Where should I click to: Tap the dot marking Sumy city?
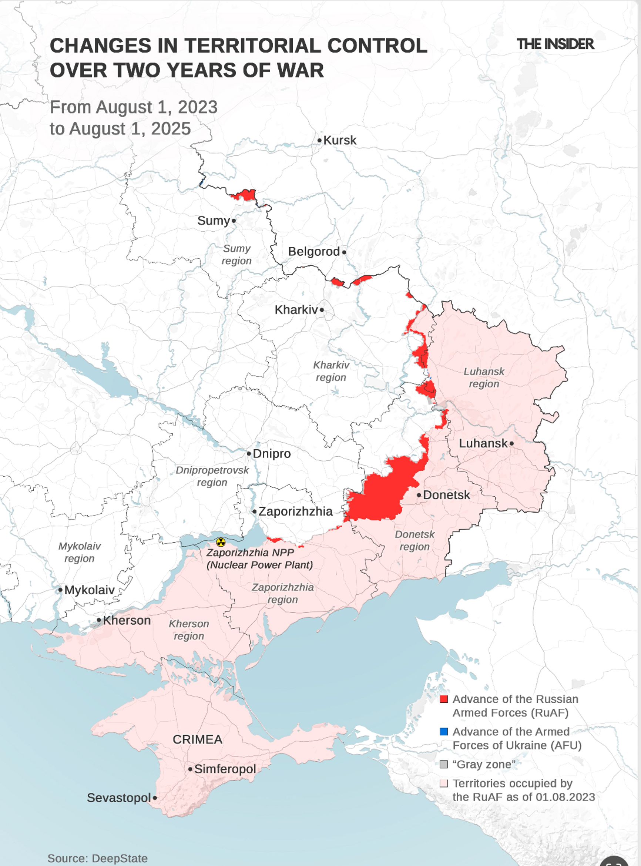pos(234,221)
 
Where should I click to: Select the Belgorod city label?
pos(313,251)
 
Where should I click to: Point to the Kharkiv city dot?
pos(322,310)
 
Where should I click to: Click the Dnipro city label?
pos(272,454)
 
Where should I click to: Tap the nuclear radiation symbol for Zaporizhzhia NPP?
pos(221,542)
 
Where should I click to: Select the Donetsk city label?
pos(446,495)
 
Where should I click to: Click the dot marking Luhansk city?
pos(511,443)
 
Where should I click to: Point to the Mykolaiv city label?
pos(89,590)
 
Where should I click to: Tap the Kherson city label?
pos(127,620)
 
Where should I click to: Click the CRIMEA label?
pos(198,739)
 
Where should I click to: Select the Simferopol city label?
pos(225,769)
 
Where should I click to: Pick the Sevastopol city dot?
pos(155,798)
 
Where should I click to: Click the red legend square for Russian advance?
pos(444,699)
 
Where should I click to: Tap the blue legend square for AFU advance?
pos(444,732)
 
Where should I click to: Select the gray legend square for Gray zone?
pos(444,764)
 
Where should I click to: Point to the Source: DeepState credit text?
pos(97,858)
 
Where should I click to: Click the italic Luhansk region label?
pos(484,377)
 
